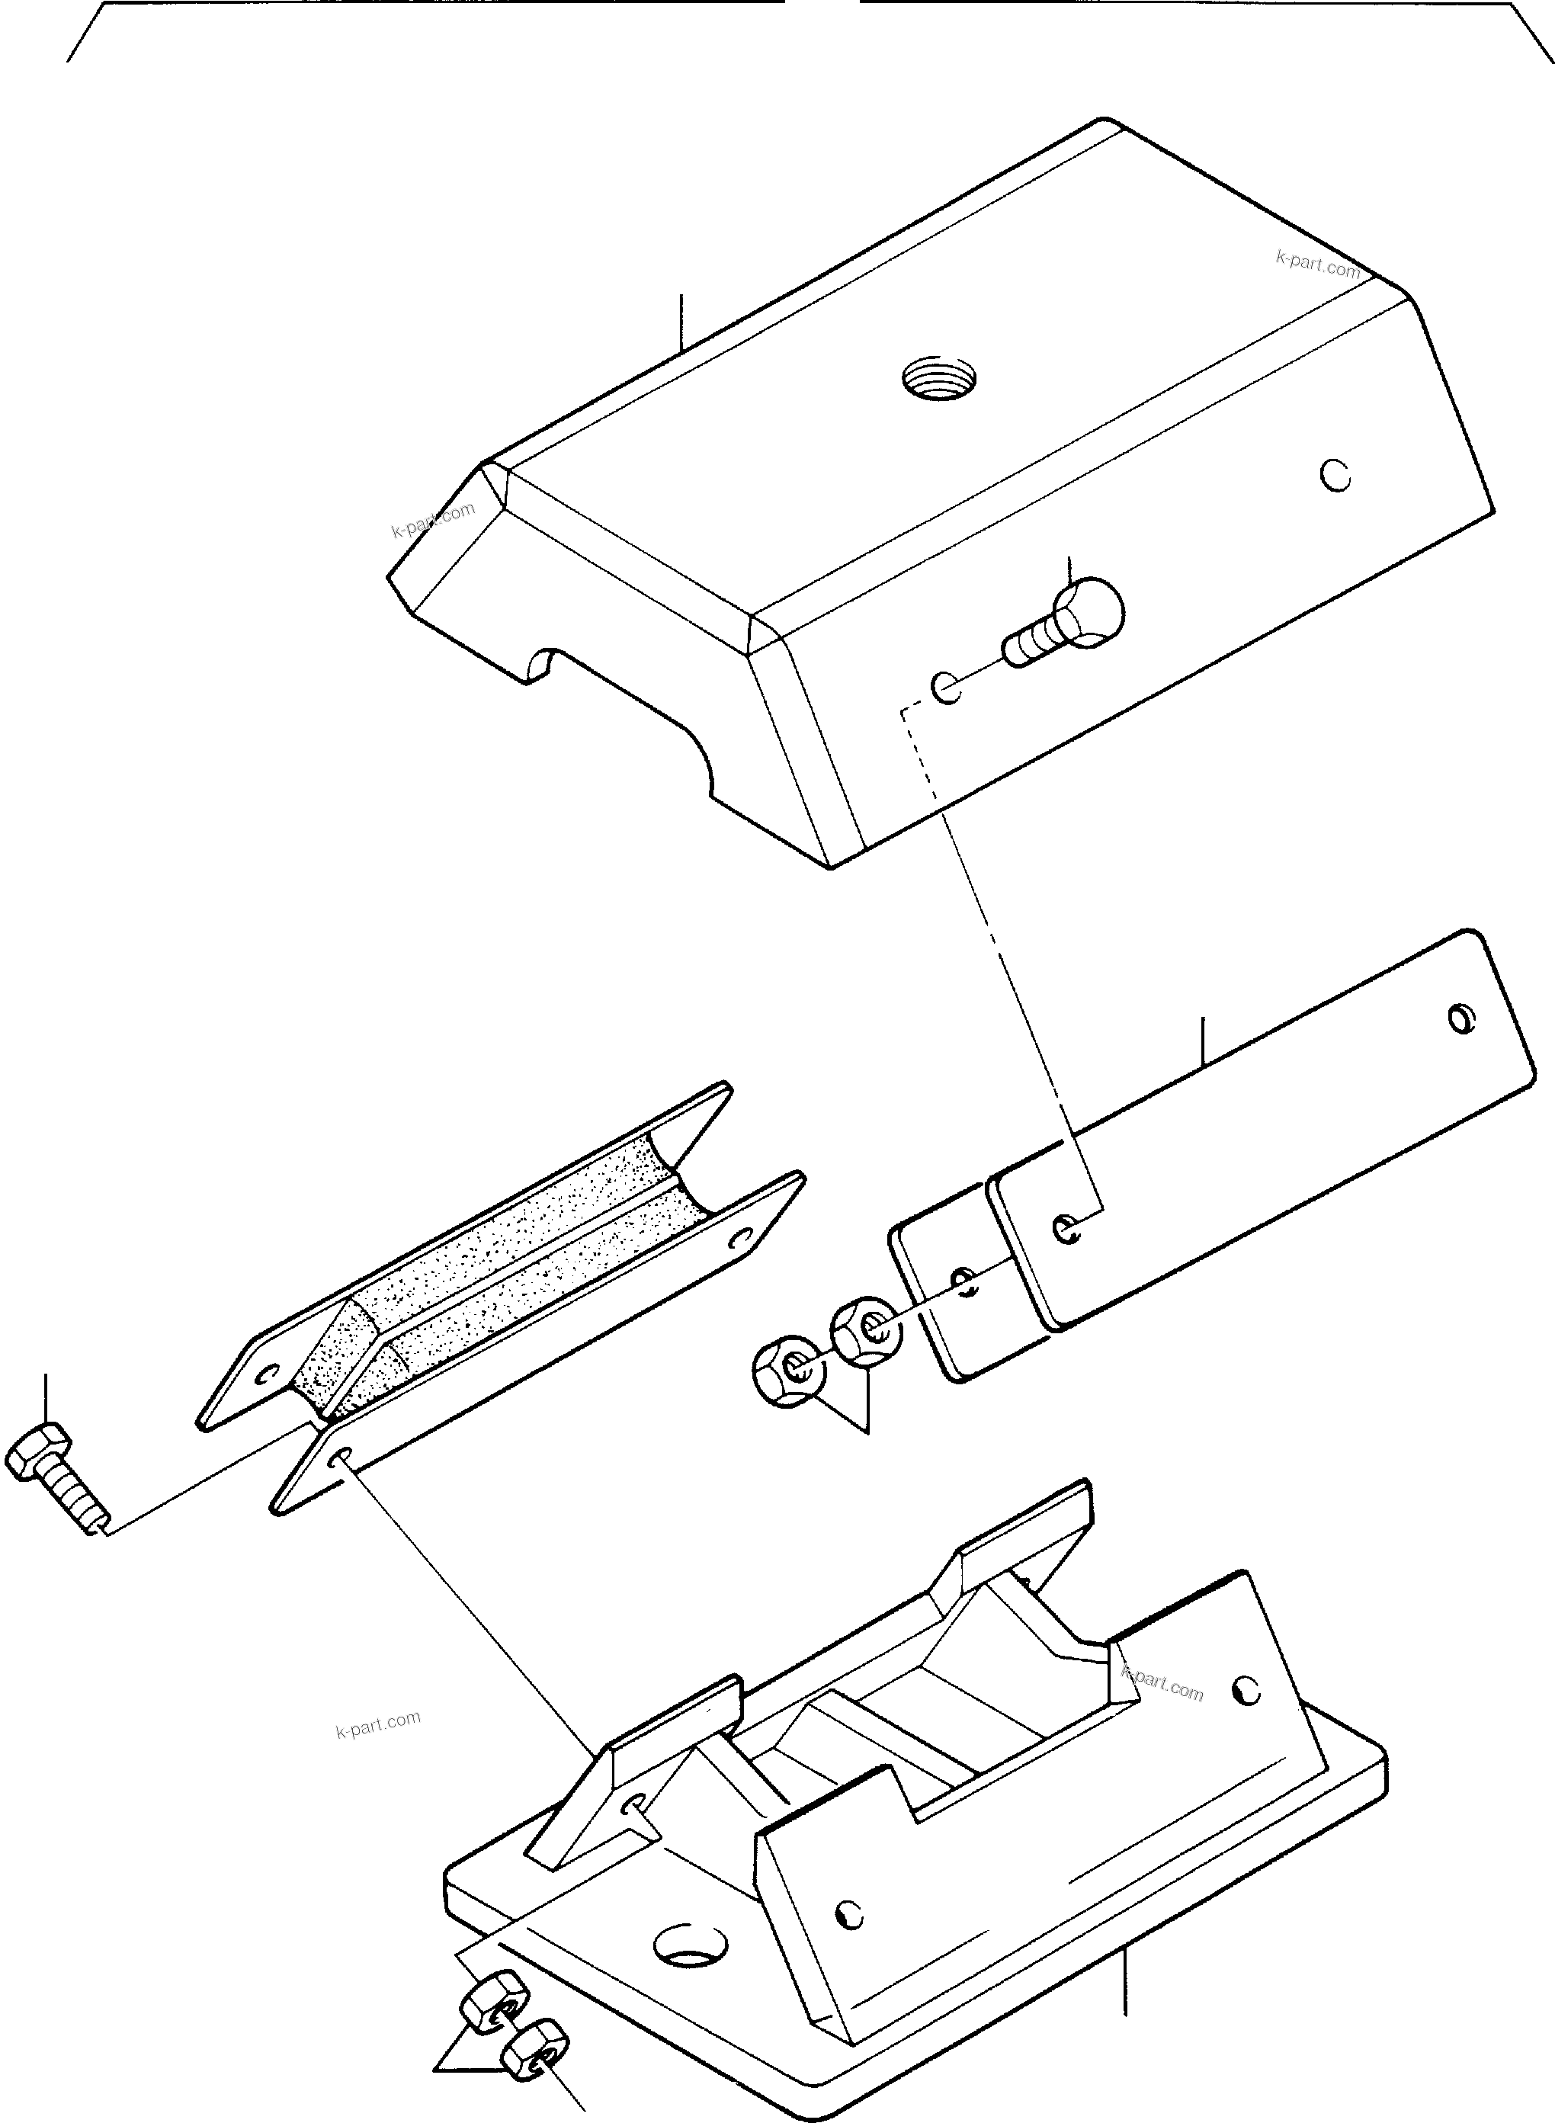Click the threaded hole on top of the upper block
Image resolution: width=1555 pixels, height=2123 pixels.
[938, 381]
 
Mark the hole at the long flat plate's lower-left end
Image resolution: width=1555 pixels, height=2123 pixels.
[1065, 1227]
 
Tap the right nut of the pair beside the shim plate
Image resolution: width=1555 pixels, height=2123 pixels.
[866, 1329]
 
